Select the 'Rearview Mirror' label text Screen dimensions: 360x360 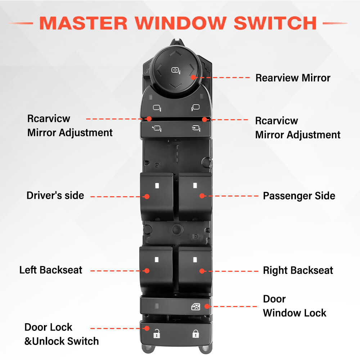click(x=293, y=78)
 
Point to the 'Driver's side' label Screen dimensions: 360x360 click(x=55, y=196)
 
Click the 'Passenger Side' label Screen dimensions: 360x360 click(x=299, y=196)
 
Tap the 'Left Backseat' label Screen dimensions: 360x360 click(x=51, y=270)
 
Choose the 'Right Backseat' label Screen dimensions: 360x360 click(x=298, y=270)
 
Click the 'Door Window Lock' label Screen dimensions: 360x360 click(x=294, y=306)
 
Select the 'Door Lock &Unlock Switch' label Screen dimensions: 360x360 click(x=61, y=334)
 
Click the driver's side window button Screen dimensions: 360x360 click(x=157, y=196)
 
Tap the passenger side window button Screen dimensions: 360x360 click(x=195, y=196)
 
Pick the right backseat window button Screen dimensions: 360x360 click(x=195, y=270)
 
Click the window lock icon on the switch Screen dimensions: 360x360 click(x=195, y=307)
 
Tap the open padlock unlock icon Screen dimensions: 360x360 click(x=156, y=334)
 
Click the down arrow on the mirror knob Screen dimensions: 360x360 click(x=175, y=86)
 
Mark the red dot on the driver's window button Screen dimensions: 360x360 click(x=147, y=196)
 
